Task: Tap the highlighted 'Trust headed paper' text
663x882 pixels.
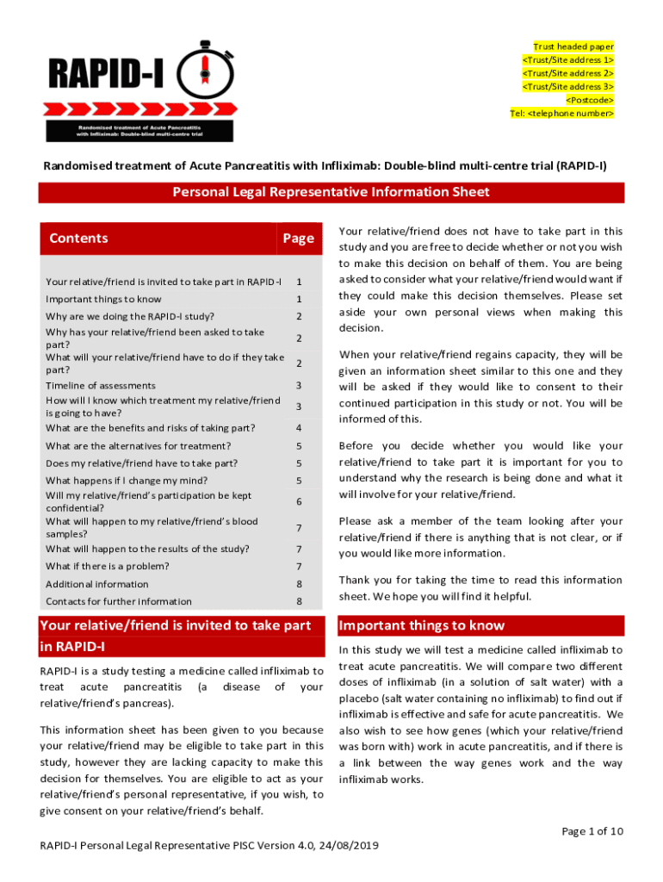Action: pos(573,47)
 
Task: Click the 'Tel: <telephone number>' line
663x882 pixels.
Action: pos(562,113)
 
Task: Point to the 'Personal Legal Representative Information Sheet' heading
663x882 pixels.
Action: pos(331,192)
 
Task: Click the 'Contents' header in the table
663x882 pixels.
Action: pos(79,239)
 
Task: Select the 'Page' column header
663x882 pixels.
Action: pos(298,239)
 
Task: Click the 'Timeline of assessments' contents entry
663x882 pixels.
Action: pos(101,385)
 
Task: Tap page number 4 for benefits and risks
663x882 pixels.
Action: pos(299,428)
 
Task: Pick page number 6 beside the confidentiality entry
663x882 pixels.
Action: pos(299,501)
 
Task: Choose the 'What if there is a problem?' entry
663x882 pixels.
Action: pos(107,566)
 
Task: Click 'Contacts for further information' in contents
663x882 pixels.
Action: pos(119,601)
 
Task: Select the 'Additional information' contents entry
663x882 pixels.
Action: pos(96,584)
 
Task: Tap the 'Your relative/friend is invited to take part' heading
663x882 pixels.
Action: pos(176,626)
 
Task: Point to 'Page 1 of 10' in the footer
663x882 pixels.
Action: pos(592,831)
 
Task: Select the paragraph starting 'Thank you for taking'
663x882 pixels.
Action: pos(480,588)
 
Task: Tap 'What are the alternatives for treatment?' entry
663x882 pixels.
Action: pos(138,446)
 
